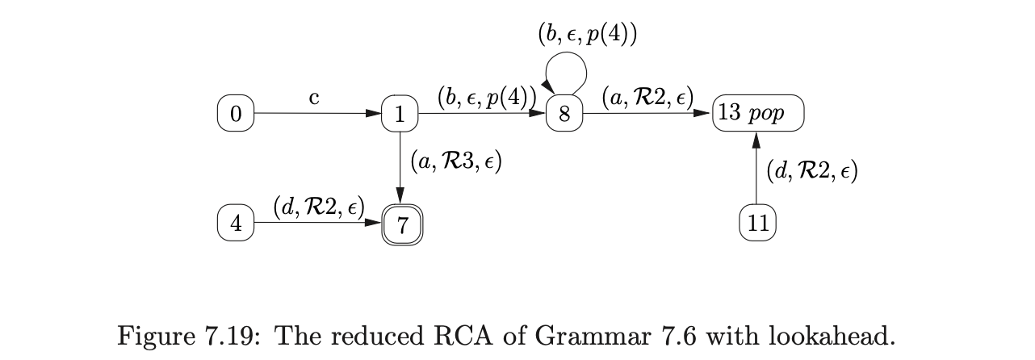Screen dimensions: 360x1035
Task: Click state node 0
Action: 235,114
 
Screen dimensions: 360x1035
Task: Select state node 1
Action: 400,114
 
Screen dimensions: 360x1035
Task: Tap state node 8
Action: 564,114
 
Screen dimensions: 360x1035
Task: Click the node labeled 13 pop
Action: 758,113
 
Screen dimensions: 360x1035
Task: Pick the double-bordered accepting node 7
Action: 401,224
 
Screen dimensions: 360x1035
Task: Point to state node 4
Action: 235,224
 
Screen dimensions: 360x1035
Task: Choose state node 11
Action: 757,224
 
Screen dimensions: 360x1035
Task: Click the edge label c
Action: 314,98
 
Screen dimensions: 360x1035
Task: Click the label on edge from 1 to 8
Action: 487,98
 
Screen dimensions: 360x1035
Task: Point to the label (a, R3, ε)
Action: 455,162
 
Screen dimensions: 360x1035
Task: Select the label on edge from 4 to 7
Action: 318,208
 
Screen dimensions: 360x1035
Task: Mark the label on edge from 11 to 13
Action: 811,171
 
